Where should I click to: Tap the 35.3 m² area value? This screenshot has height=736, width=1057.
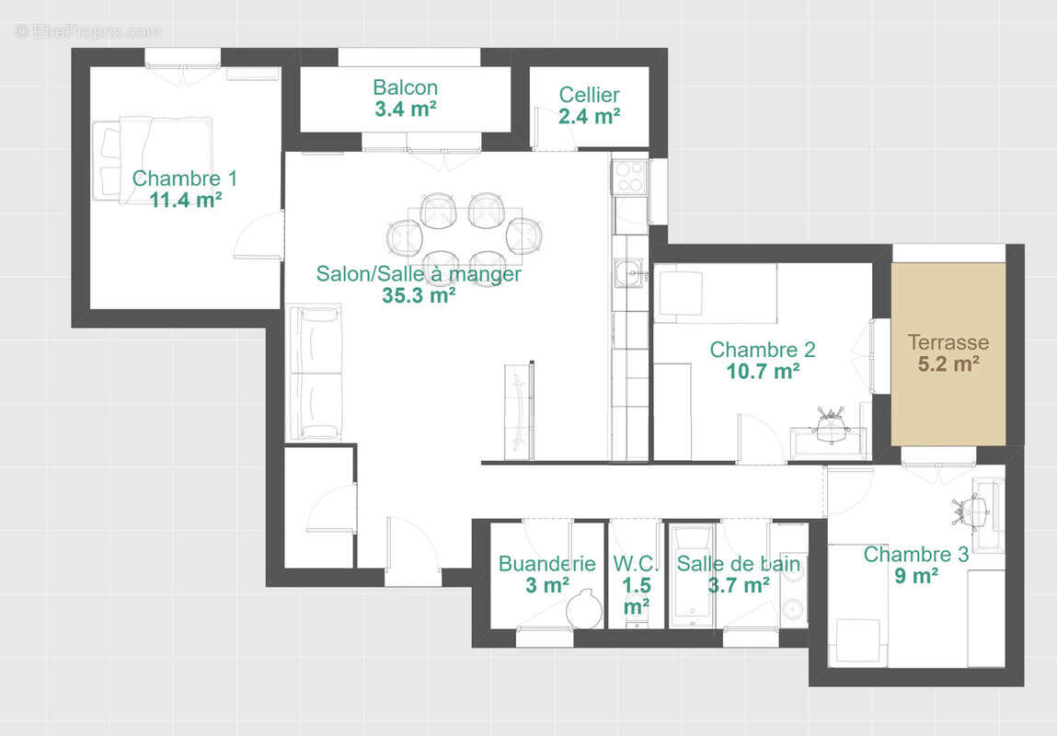tap(419, 295)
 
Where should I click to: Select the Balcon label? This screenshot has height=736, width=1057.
tap(405, 88)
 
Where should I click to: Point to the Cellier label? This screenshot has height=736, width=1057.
tap(589, 95)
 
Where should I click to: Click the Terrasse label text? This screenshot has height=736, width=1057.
tap(948, 342)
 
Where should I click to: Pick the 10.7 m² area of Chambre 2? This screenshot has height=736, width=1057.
tap(763, 372)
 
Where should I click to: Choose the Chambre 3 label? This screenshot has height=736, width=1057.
tap(915, 555)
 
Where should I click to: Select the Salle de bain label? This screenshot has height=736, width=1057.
tap(738, 564)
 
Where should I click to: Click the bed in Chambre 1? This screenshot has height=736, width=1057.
tap(155, 158)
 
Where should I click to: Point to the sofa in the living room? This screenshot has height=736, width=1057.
tap(316, 373)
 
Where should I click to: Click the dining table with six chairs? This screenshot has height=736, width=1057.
tap(465, 237)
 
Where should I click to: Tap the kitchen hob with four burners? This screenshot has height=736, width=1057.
tap(630, 176)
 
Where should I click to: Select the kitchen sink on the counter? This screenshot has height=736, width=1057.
tap(630, 272)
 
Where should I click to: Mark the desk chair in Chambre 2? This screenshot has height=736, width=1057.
tap(831, 426)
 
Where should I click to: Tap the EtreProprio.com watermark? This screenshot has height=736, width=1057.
tap(87, 31)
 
